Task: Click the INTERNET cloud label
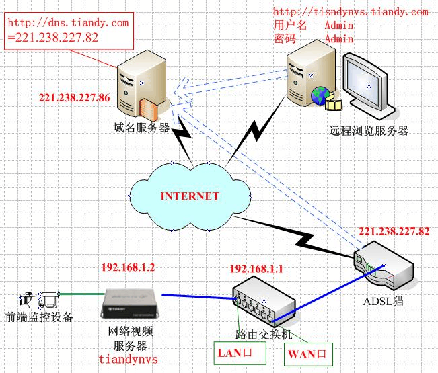coord(190,196)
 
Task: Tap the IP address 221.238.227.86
coord(74,98)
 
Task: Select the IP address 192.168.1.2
coord(128,267)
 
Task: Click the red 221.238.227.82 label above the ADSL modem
coord(394,231)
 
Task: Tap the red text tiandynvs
coord(128,359)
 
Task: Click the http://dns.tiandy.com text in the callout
coord(67,23)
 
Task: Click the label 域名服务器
coord(141,128)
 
